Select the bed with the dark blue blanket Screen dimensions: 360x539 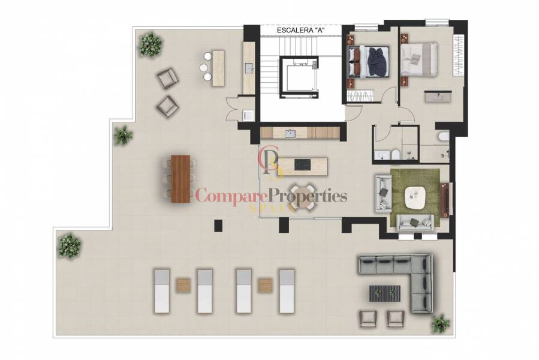click(x=369, y=62)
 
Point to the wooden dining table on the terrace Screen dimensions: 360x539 click(x=180, y=178)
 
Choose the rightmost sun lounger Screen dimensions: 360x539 click(x=287, y=290)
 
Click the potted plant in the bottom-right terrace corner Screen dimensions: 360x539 click(x=441, y=323)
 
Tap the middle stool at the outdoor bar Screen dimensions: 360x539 click(x=207, y=67)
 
